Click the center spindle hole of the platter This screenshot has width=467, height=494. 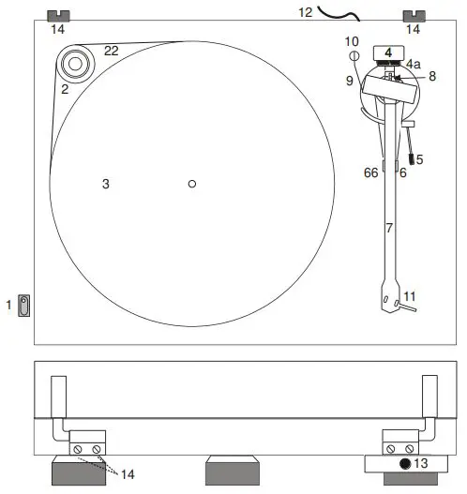point(191,184)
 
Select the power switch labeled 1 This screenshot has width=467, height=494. point(25,305)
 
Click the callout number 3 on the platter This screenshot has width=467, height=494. point(106,185)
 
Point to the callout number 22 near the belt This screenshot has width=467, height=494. point(111,51)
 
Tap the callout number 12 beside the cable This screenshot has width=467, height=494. point(305,12)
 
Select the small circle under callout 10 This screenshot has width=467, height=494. point(354,56)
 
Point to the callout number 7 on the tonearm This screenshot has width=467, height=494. point(390,228)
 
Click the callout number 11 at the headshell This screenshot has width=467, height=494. point(409,296)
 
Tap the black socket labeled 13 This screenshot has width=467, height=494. point(406,465)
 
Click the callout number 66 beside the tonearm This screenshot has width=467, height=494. point(371,172)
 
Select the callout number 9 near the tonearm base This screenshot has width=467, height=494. point(349,81)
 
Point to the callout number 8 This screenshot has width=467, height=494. point(432,77)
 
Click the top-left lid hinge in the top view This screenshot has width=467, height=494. point(58,16)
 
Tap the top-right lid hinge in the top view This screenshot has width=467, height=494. point(413,16)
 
